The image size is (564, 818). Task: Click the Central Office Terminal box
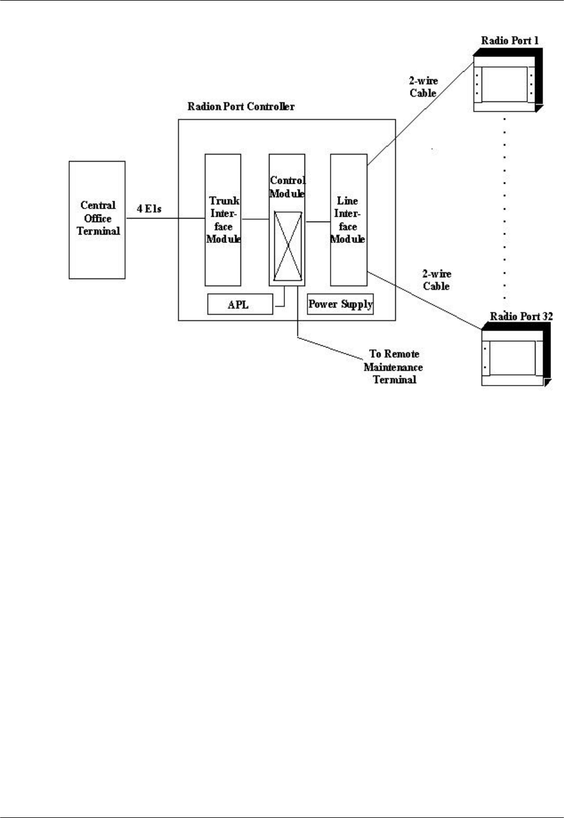[97, 219]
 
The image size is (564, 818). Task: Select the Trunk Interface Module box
[223, 220]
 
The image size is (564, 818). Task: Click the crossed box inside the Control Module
[287, 246]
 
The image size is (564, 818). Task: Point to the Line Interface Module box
[348, 220]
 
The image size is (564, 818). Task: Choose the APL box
[239, 304]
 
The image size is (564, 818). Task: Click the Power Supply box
[340, 304]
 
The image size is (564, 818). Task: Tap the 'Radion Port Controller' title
[241, 107]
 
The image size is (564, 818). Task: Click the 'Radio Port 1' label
[509, 41]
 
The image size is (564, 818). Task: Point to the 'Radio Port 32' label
[521, 316]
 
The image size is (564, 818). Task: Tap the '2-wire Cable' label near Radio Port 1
[423, 87]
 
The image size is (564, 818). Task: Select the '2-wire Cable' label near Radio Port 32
[437, 280]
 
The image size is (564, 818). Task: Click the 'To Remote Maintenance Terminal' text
[394, 367]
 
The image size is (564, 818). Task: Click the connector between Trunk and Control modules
[255, 219]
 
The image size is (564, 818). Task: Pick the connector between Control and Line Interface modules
[318, 222]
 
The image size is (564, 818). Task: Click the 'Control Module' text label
[287, 187]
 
